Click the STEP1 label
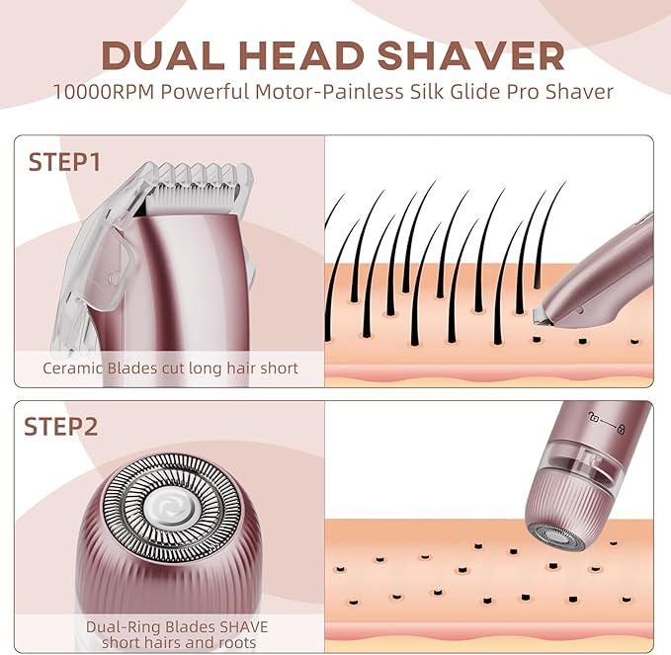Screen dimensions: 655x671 point(64,162)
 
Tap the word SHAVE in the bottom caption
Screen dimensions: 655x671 point(238,626)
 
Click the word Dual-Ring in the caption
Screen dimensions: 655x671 point(119,626)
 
